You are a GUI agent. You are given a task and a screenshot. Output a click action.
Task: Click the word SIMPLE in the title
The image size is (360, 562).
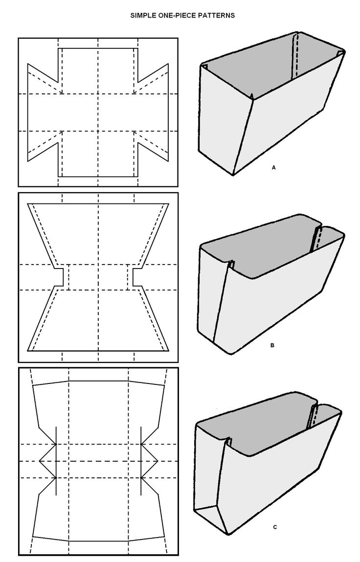pyautogui.click(x=140, y=16)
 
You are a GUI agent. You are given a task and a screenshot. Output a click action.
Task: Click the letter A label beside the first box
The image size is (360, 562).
pyautogui.click(x=273, y=167)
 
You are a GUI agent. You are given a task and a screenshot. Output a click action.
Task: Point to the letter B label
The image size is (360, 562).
pyautogui.click(x=272, y=345)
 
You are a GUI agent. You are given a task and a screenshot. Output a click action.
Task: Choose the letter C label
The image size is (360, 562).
pyautogui.click(x=275, y=527)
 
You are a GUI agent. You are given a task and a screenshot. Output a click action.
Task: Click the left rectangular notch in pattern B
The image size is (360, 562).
pyautogui.click(x=59, y=277)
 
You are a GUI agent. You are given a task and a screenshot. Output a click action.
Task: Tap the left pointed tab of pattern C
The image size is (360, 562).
pyautogui.click(x=47, y=461)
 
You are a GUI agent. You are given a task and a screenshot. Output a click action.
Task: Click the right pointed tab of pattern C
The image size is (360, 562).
pyautogui.click(x=150, y=461)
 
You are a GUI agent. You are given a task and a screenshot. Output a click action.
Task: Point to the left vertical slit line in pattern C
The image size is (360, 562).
pyautogui.click(x=56, y=461)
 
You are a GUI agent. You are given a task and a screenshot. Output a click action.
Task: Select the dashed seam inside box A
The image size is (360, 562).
pyautogui.click(x=295, y=56)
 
